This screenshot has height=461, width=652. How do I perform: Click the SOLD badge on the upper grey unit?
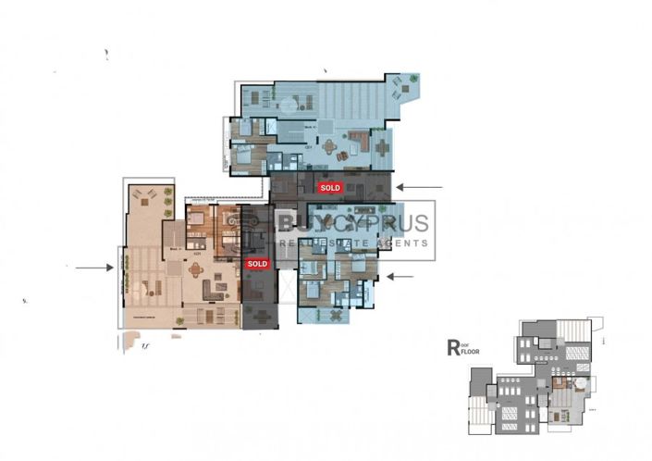coord(329,187)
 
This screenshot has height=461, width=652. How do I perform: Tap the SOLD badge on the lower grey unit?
coord(257,264)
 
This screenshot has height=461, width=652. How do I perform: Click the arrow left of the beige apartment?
coord(93,268)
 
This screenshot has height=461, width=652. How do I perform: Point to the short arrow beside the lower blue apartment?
coord(399,276)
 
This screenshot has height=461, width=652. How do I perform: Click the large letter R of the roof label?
coord(453,348)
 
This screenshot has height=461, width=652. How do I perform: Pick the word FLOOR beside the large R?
coord(471,353)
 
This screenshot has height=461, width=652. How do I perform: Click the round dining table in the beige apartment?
coord(196,271)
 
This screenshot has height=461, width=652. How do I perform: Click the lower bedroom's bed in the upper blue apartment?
coord(242,157)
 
